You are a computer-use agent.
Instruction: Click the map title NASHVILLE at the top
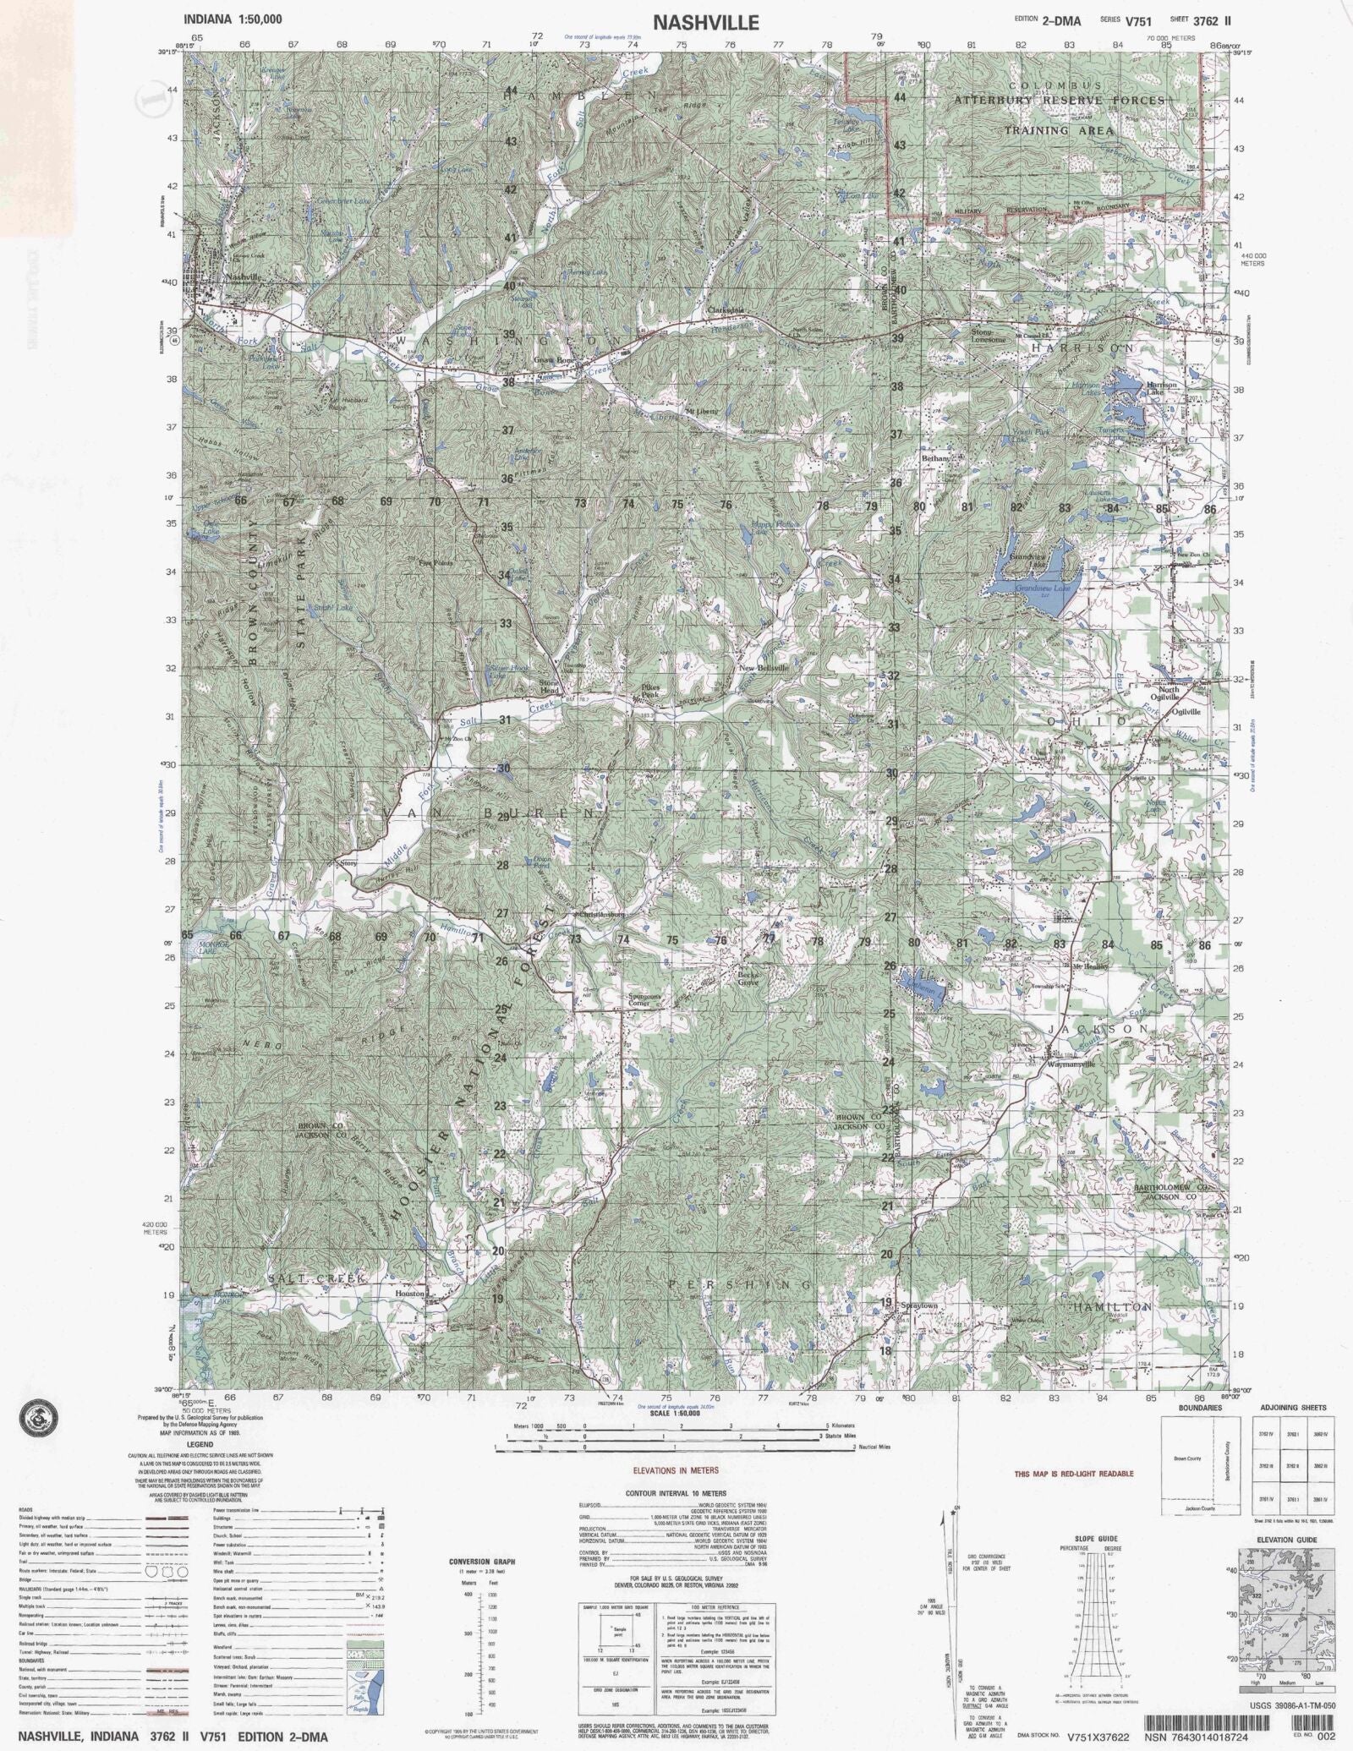(705, 23)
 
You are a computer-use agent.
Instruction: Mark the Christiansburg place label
(600, 914)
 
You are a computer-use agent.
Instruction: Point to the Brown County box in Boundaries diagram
(1188, 1458)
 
